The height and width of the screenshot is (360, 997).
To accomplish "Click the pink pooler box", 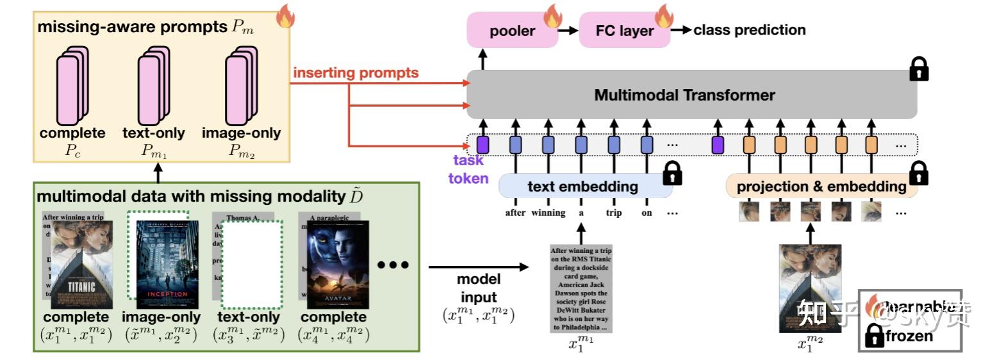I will coord(512,31).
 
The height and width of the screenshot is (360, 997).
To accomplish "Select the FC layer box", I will coord(624,31).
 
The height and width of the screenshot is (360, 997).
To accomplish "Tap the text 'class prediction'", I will coord(749,29).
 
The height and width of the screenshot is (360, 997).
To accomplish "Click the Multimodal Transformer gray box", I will coord(684,95).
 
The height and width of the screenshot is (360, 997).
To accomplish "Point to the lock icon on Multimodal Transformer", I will coord(919,69).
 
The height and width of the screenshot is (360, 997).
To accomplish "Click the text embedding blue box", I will coord(582,186).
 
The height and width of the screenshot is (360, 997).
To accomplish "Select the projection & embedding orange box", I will coord(821,186).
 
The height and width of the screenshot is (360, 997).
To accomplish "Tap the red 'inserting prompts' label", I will coord(356,72).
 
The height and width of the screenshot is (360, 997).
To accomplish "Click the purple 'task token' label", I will coord(468,170).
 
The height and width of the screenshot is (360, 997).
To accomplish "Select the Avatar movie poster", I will coord(338,265).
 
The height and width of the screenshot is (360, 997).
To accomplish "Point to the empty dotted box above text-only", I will coord(252,264).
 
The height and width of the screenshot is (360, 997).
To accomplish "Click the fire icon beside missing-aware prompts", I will coord(284,18).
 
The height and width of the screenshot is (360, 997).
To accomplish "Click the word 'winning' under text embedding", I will coord(548,213).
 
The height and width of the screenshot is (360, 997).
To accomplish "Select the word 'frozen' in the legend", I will coord(909,336).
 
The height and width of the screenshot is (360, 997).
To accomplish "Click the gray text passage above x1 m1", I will coord(581,288).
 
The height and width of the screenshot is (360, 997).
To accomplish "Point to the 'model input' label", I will coord(479,288).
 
